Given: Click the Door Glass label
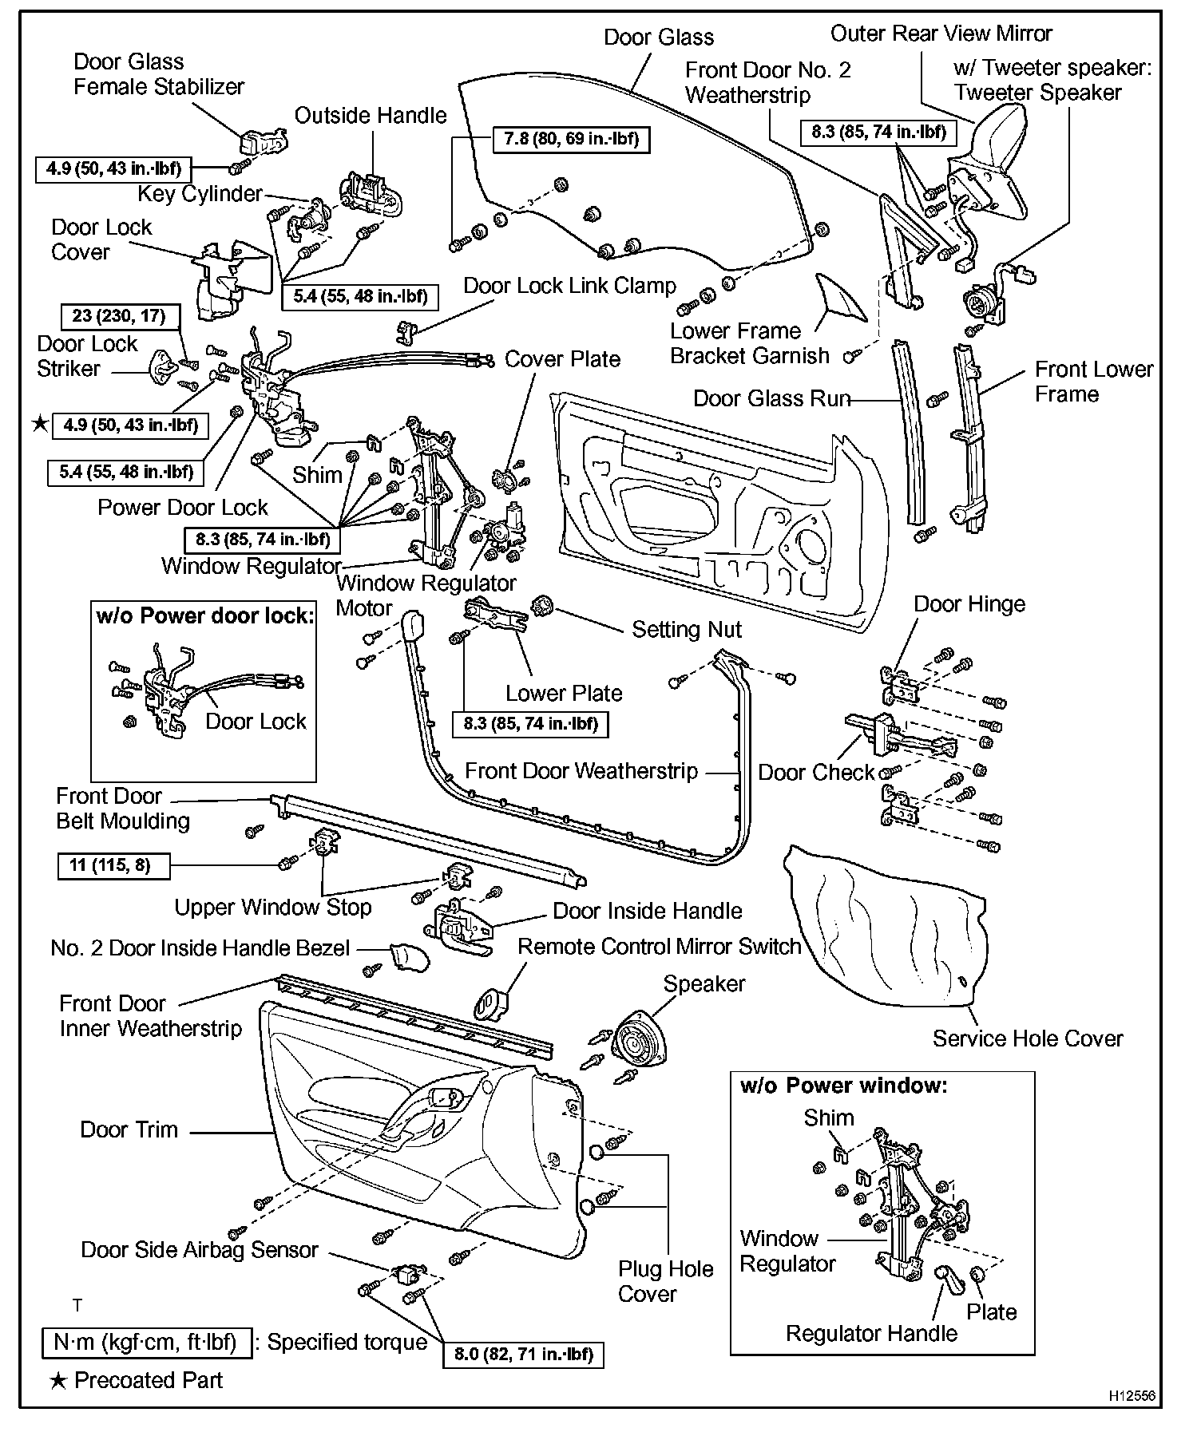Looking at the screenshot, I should [658, 38].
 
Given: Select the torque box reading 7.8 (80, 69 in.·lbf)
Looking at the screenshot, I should [571, 139].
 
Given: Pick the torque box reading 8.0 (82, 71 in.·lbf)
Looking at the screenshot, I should [523, 1354].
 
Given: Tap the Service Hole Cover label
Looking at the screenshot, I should [1027, 1038].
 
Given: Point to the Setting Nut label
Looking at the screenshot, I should [687, 630].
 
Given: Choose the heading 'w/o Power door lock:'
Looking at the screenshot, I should [204, 615].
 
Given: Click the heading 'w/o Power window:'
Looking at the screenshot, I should [843, 1086].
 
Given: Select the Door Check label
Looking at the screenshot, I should [816, 773].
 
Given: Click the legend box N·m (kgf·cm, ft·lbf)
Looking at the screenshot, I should [146, 1343].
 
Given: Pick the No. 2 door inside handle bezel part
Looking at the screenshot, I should [408, 957].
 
